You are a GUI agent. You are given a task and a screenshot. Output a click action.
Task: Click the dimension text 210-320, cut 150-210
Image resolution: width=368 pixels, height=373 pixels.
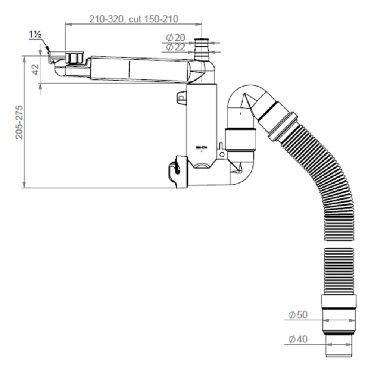[x=133, y=19]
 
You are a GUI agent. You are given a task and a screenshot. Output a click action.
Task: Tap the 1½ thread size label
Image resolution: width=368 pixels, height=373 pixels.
[x=36, y=35]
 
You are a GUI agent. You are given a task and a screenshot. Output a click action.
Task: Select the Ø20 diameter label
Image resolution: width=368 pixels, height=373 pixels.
[x=176, y=38]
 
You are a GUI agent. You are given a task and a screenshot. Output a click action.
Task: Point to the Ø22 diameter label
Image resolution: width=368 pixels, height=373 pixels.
[x=176, y=47]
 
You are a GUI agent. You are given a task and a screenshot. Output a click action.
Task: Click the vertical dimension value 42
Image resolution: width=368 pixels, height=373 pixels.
[x=35, y=69]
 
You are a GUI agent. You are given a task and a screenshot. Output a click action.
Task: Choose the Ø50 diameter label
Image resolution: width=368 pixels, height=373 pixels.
[x=298, y=315]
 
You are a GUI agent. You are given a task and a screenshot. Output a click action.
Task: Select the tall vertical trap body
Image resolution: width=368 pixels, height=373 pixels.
[x=202, y=123]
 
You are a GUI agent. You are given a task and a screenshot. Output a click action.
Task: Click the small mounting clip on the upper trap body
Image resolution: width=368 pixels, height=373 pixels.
[x=181, y=98]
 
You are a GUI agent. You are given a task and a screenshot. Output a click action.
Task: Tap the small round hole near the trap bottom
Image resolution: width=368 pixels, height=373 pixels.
[x=222, y=154]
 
